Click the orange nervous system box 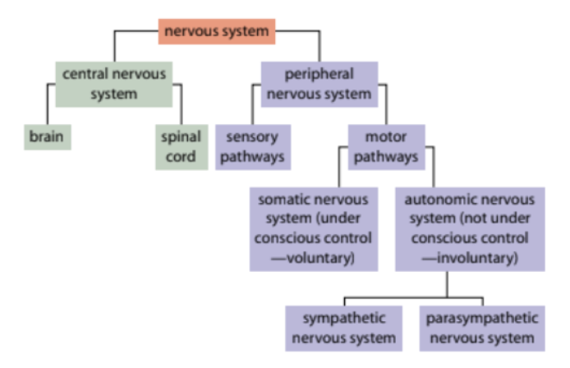(217, 32)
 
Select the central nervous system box (115, 84)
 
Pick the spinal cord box (179, 146)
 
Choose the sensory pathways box (253, 146)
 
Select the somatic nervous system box (313, 228)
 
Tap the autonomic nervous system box (469, 228)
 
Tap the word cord (179, 156)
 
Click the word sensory (253, 136)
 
